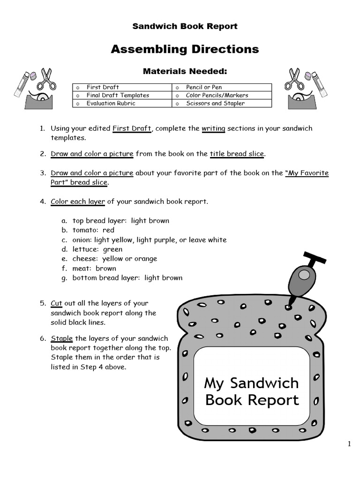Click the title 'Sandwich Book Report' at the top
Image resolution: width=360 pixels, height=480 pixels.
click(185, 26)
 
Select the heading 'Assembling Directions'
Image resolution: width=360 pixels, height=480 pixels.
click(185, 49)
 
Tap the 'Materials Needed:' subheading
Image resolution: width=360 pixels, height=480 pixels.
click(185, 71)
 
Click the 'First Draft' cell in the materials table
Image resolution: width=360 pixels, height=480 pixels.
click(103, 87)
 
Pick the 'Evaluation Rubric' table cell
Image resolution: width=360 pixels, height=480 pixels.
click(111, 104)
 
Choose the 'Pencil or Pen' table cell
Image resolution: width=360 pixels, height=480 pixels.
click(204, 87)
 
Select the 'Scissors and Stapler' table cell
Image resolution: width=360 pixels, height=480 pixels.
click(215, 104)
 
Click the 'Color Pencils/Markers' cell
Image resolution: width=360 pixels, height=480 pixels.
click(217, 95)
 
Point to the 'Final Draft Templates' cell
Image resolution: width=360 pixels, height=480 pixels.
click(118, 95)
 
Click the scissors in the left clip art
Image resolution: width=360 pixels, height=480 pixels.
click(46, 80)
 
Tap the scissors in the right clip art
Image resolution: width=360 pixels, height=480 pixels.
click(294, 80)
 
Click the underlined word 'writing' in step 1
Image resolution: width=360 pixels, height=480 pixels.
click(213, 128)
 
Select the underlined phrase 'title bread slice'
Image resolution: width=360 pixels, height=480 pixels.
click(237, 154)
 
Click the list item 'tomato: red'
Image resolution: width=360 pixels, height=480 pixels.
click(93, 230)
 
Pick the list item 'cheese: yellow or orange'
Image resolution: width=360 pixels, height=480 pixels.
click(115, 259)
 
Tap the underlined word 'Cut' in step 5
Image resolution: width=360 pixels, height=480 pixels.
click(56, 303)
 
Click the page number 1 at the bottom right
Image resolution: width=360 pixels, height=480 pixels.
click(349, 444)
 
